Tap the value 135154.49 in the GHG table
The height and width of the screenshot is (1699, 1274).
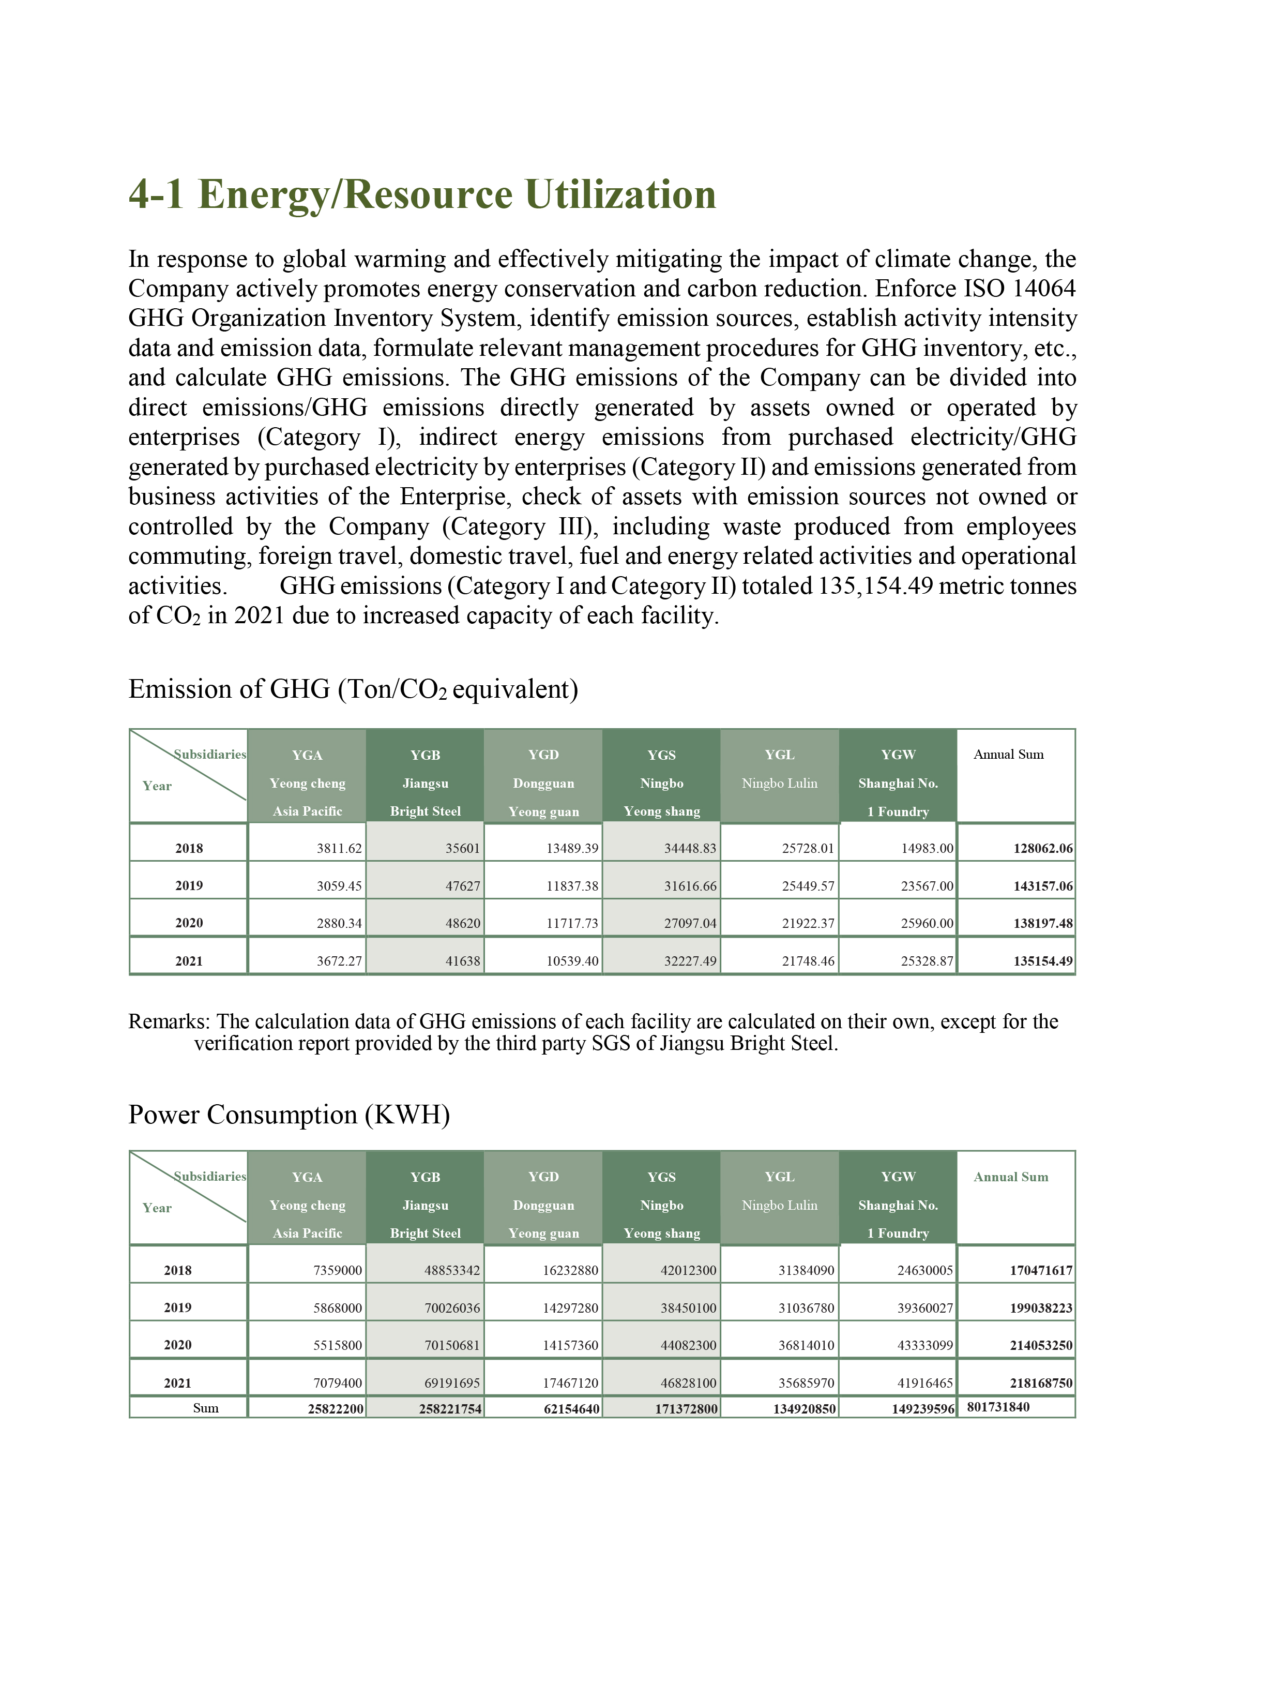[1043, 961]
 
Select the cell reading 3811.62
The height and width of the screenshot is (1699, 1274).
[339, 849]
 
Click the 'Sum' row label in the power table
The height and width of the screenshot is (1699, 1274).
[205, 1408]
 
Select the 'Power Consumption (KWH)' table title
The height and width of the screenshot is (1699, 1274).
[289, 1115]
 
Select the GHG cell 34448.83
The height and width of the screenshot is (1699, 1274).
[690, 849]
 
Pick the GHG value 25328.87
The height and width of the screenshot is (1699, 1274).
[927, 961]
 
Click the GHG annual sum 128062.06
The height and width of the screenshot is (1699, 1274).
[1043, 849]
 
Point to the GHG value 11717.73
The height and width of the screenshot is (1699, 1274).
[572, 923]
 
